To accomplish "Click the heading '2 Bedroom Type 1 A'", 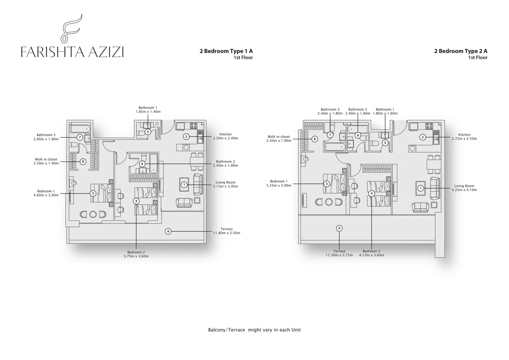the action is coord(226,51).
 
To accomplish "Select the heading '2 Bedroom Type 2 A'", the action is coord(460,51).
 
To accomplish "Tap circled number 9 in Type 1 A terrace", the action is coord(168,231).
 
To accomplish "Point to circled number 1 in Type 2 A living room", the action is coord(421,188).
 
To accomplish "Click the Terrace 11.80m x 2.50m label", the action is coord(227,231).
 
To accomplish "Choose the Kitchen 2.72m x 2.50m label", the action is coord(464,137).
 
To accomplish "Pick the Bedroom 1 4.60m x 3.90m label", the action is coord(46,193).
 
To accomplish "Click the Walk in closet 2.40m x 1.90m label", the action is coord(279,139).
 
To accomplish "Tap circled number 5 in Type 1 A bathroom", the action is coord(148,132).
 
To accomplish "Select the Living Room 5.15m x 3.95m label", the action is coord(225,184).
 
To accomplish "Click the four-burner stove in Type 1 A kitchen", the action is coord(194,126).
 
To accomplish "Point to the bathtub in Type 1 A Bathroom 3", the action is coord(80,129).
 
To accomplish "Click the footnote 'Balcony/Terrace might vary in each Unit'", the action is coord(254,330).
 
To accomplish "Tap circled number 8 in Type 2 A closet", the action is coord(315,139).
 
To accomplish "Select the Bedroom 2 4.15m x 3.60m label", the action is coord(372,253).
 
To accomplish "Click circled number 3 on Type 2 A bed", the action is coord(326,184).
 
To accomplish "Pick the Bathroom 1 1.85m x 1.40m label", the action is coord(148,110).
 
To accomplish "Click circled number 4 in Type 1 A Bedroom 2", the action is coord(136,201).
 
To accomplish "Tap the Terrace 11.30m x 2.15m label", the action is coord(339,253).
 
